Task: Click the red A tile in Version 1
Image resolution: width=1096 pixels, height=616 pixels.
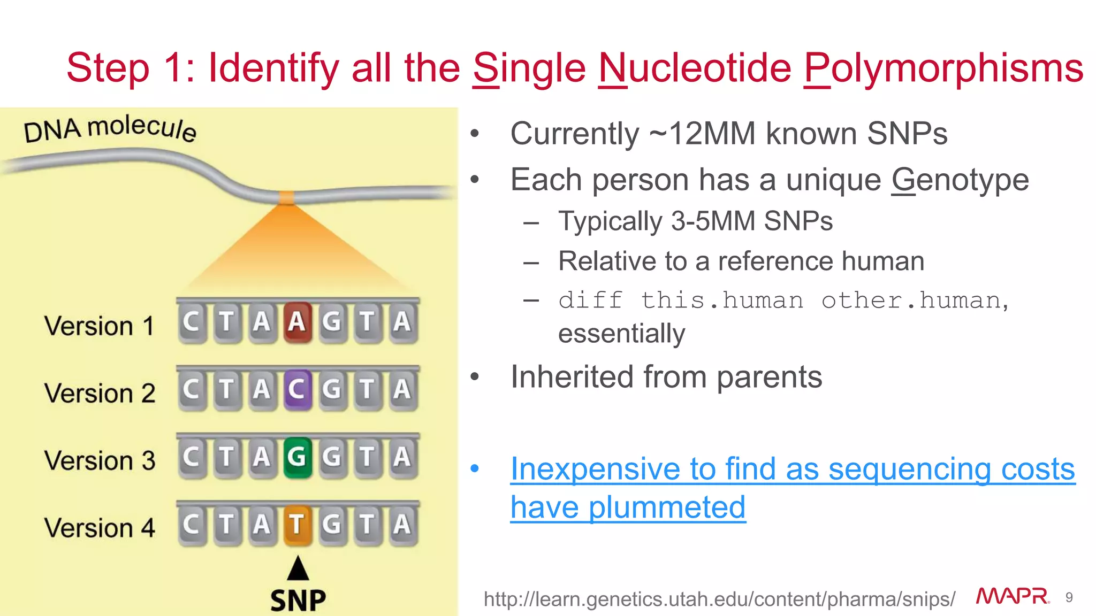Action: tap(297, 322)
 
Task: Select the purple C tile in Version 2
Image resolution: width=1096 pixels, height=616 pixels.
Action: tap(297, 389)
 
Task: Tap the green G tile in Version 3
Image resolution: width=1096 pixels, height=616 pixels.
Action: tap(297, 457)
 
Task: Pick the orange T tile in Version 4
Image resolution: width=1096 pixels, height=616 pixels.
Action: tap(297, 524)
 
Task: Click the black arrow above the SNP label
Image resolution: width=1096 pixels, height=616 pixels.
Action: tap(298, 568)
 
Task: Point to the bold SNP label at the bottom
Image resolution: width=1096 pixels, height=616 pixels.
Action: tap(298, 600)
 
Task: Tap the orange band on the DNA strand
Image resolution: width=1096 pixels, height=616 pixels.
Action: tap(287, 198)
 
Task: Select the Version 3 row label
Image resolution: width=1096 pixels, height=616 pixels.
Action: tap(100, 460)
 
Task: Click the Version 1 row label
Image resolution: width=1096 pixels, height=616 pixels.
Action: tap(100, 326)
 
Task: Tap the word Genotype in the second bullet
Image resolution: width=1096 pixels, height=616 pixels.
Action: tap(960, 180)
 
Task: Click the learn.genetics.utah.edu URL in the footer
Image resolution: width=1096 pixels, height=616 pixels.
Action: tap(719, 599)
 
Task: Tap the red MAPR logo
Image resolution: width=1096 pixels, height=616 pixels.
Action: tap(1013, 596)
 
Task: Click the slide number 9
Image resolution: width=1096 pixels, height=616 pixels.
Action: tap(1069, 597)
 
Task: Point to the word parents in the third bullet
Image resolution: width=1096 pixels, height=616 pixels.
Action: tap(769, 377)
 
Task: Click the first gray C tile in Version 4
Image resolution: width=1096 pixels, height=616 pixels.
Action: tap(192, 524)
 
